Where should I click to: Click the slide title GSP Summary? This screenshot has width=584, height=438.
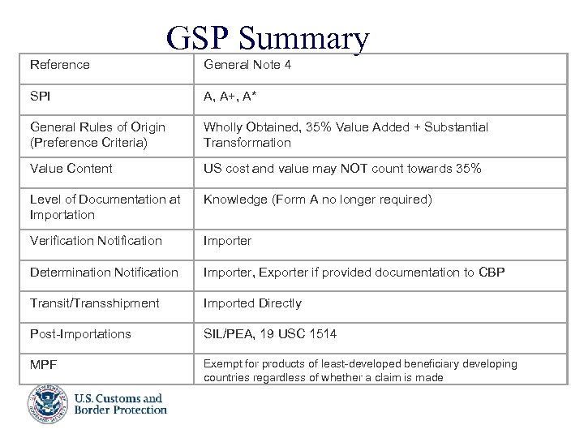pyautogui.click(x=268, y=38)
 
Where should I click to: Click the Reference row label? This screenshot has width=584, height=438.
pyautogui.click(x=60, y=65)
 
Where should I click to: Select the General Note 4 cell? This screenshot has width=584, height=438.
pyautogui.click(x=247, y=65)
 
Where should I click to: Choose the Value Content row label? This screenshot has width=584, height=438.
pyautogui.click(x=71, y=169)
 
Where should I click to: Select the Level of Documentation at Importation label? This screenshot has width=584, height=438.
pyautogui.click(x=105, y=207)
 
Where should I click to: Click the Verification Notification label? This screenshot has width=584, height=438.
pyautogui.click(x=96, y=241)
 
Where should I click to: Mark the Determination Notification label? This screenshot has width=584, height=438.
pyautogui.click(x=104, y=273)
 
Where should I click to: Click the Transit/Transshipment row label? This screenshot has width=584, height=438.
pyautogui.click(x=96, y=303)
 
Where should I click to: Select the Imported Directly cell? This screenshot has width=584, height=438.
pyautogui.click(x=252, y=303)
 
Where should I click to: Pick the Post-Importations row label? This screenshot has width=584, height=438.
pyautogui.click(x=80, y=334)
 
